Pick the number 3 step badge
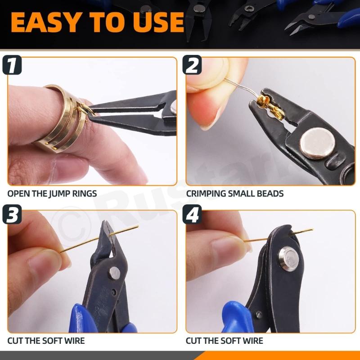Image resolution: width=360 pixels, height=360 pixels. pos(12,215)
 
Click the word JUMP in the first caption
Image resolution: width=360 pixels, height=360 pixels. pos(67,194)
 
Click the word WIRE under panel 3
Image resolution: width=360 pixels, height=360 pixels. pos(73,341)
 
